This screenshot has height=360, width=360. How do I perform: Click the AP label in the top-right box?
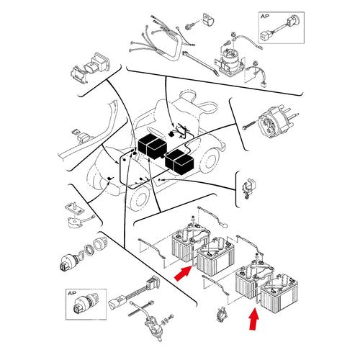pos(265,17)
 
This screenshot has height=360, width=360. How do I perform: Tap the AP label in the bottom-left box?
pos(71,293)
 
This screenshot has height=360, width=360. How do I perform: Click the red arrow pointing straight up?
pos(253,320)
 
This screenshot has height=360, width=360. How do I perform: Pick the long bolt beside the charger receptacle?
pos(250,126)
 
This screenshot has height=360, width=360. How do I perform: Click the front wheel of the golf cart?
pos(139,199)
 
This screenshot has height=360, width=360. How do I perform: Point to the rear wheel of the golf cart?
pos(210,161)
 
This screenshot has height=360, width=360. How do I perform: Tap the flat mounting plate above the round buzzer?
pos(75,208)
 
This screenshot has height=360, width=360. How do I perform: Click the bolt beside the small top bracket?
pos(190,27)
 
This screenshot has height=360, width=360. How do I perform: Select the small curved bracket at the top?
pos(208,19)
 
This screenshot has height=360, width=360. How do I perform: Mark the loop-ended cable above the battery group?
pos(212,217)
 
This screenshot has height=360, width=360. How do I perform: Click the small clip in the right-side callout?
pos(248,189)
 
